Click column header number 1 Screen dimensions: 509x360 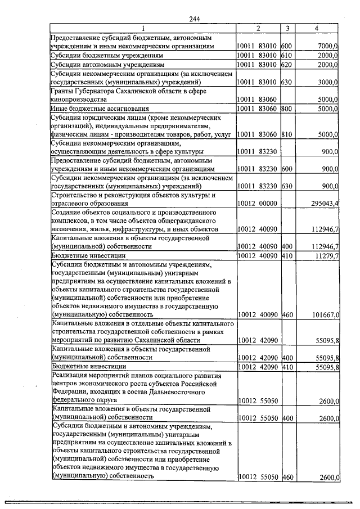pyautogui.click(x=143, y=28)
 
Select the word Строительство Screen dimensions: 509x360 pyautogui.click(x=74, y=195)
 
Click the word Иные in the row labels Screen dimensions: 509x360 pyautogui.click(x=59, y=109)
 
